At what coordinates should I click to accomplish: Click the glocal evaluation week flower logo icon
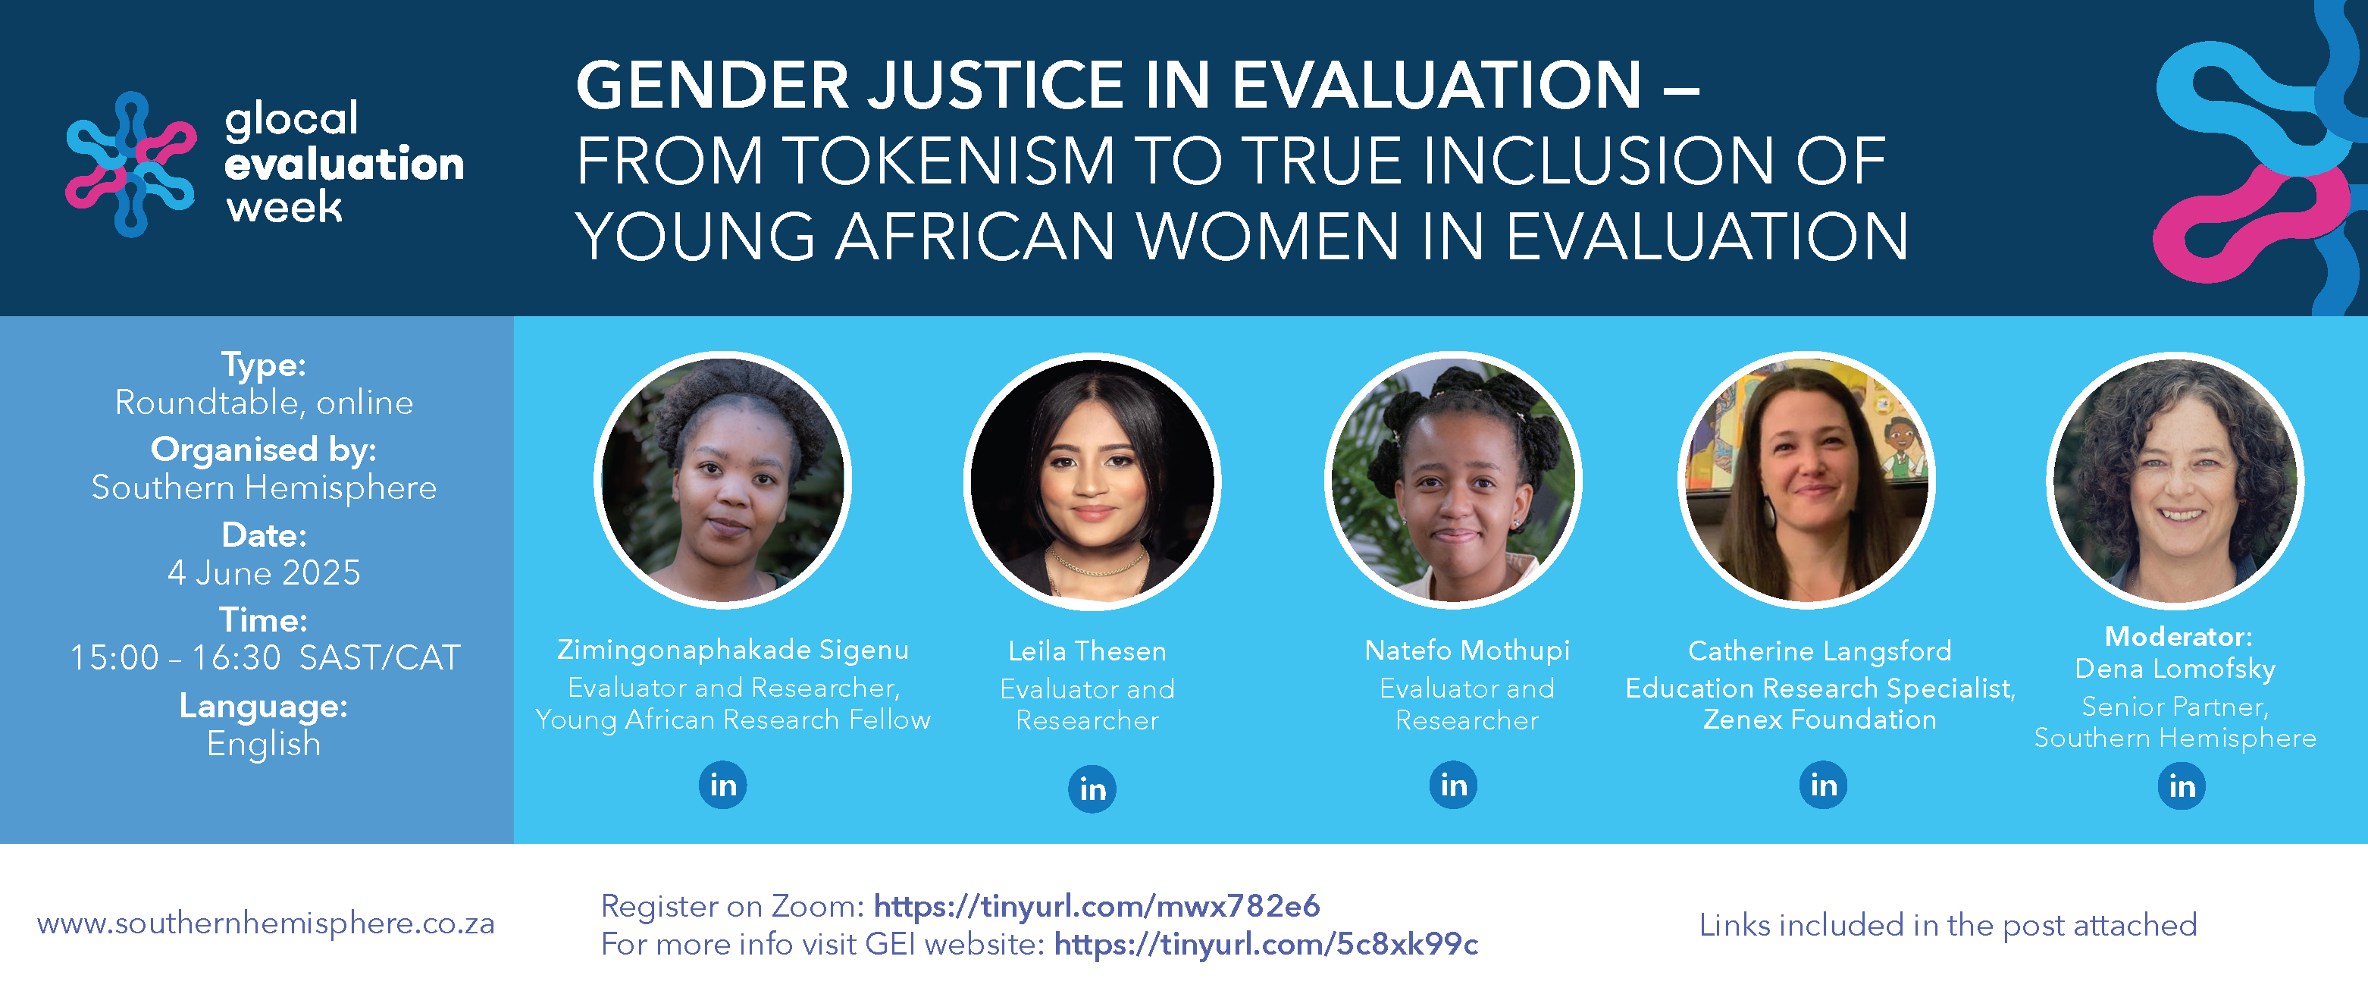(x=130, y=164)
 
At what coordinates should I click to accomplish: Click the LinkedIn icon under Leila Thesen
(x=1092, y=788)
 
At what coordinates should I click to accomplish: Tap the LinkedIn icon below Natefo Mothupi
(x=1453, y=784)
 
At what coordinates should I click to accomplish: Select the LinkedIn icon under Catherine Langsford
(x=1823, y=784)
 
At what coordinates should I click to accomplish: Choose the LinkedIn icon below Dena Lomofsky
(x=2182, y=785)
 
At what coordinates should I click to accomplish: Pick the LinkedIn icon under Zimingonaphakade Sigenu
(x=722, y=784)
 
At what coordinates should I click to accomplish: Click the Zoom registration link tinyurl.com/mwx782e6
(x=1097, y=906)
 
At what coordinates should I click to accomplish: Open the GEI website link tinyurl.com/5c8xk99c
(x=1266, y=945)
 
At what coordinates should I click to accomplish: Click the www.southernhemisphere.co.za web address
(x=265, y=923)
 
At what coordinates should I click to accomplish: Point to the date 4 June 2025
(x=264, y=573)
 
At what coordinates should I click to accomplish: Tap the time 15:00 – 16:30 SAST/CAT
(x=265, y=657)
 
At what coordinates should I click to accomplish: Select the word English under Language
(x=264, y=744)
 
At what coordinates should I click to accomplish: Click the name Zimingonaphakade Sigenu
(x=733, y=650)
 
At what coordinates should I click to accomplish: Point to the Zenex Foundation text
(x=1820, y=719)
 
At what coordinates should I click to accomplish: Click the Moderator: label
(x=2178, y=636)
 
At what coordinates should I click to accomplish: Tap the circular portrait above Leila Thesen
(x=1092, y=481)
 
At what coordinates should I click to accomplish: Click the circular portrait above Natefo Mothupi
(x=1453, y=480)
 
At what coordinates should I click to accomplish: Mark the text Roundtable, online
(x=264, y=403)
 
